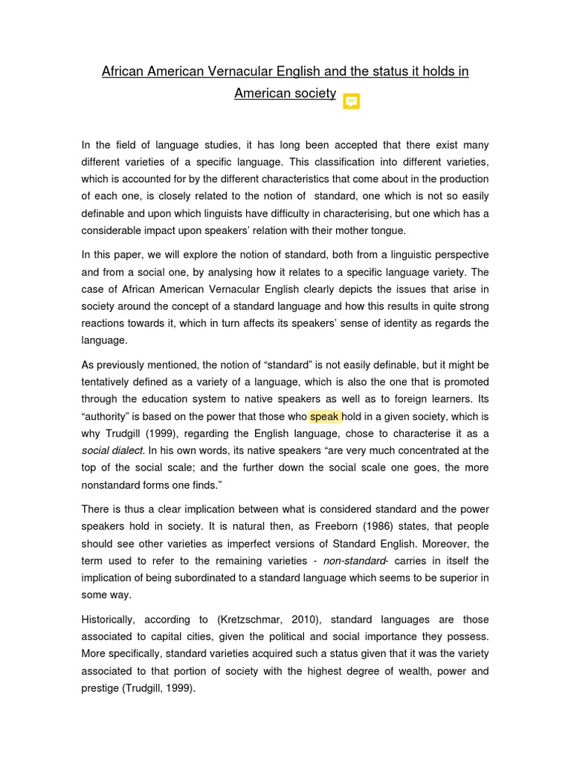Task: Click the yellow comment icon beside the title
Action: tap(351, 101)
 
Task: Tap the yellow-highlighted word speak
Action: tap(324, 416)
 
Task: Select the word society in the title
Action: tap(312, 94)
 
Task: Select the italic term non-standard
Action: tap(355, 560)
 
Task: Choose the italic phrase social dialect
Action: tap(112, 450)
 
